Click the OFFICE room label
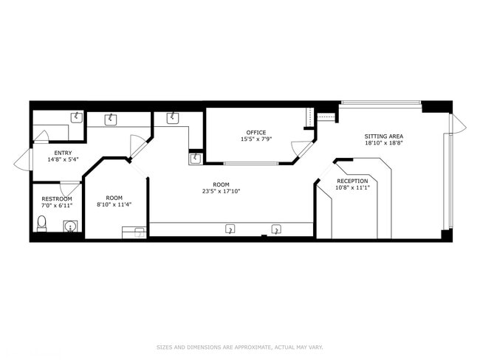256,133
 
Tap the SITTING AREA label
383,136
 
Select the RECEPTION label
352,181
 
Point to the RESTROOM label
57,198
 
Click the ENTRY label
63,153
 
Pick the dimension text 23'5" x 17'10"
222,192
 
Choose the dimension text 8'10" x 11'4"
114,204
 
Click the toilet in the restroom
41,224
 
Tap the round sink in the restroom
71,226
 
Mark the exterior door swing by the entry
22,159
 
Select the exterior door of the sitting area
458,124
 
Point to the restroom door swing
70,187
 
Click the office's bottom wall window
251,163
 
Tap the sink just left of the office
195,159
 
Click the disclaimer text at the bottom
240,347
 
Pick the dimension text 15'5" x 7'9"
256,139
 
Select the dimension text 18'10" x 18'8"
383,143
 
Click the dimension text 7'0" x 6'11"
57,205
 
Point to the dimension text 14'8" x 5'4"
63,159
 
